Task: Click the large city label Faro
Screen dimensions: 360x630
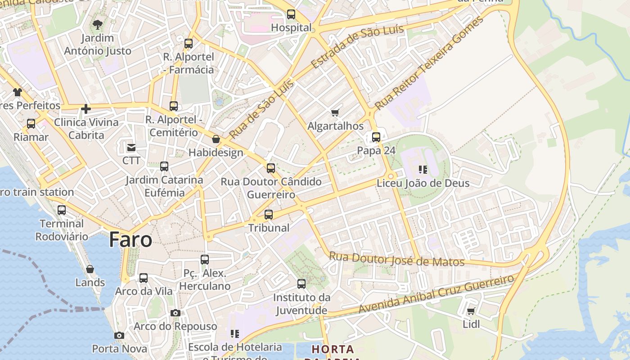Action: tap(130, 239)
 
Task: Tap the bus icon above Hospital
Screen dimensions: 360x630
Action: tap(291, 14)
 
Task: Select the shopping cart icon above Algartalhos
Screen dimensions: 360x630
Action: tap(335, 112)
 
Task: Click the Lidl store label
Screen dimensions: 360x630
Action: tap(471, 324)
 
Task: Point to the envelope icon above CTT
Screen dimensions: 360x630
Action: tap(131, 147)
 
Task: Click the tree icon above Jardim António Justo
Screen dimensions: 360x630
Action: tap(97, 25)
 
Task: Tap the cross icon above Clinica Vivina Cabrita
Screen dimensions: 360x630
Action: tap(86, 109)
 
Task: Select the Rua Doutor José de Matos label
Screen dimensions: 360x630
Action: tap(396, 260)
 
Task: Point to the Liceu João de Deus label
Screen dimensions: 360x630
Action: tap(423, 183)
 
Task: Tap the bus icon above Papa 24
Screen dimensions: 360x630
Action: tap(376, 137)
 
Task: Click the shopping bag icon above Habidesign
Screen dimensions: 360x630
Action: tap(216, 139)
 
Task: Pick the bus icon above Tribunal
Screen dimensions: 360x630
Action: tap(269, 215)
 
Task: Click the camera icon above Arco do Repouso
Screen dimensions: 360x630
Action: tap(175, 313)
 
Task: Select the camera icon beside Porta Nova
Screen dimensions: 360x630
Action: tap(119, 335)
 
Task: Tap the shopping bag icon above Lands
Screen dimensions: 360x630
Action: tap(90, 269)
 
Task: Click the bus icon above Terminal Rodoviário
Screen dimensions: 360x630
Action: tap(62, 210)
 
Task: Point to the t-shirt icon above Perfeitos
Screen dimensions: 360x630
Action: tap(18, 92)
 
